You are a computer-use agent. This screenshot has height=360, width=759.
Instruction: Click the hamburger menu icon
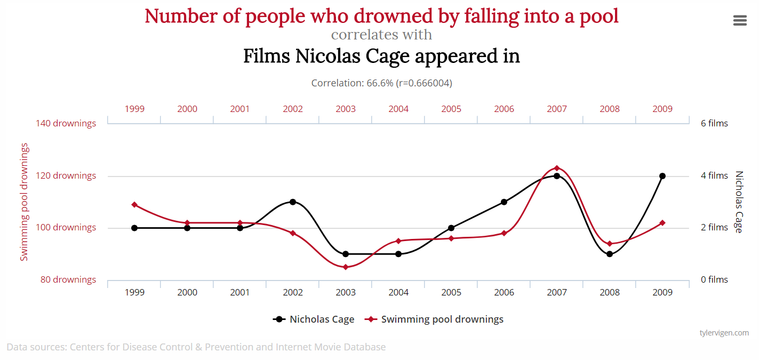coord(740,20)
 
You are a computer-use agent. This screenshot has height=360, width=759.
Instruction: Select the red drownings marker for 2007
coord(557,168)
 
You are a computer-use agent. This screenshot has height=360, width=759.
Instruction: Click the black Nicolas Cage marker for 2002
coord(293,202)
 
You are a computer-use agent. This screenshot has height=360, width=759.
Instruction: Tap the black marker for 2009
coord(662,176)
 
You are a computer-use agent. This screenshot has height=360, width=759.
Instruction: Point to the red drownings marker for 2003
coord(346,267)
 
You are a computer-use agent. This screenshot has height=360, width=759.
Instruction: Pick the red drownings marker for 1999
coord(134,204)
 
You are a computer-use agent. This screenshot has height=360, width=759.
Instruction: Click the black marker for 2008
coord(610,254)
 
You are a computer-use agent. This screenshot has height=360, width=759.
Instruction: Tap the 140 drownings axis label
coord(66,123)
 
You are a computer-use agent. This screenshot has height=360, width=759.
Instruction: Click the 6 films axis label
coord(714,123)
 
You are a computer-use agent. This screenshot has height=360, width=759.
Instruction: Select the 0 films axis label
coord(714,279)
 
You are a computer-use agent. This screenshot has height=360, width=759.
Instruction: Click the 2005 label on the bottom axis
coord(451,292)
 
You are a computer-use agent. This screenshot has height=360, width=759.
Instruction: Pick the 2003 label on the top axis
coord(346,109)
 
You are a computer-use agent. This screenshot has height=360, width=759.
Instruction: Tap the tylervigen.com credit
coord(724,333)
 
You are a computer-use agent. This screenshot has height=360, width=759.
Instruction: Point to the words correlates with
coord(381,35)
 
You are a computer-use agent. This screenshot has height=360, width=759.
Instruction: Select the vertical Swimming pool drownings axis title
coord(24,202)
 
